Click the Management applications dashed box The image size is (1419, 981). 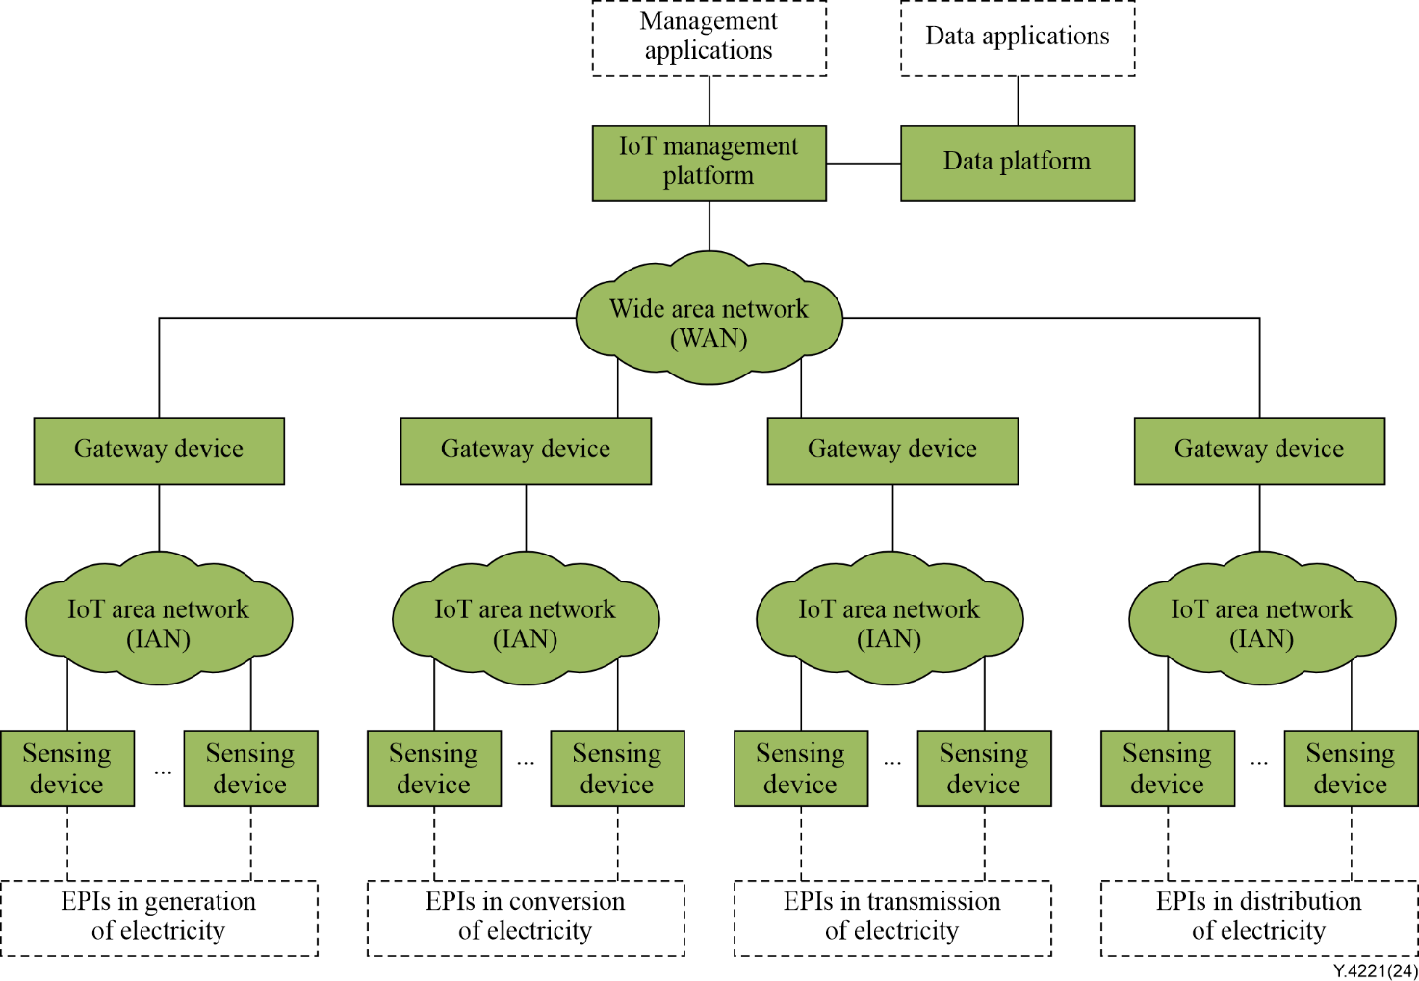[709, 39]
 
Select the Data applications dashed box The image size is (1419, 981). [1018, 39]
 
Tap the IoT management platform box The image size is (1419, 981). [709, 163]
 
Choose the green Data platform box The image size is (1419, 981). [1018, 163]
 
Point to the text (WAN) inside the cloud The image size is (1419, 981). [709, 339]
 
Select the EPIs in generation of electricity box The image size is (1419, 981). [159, 917]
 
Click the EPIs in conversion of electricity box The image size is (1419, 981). [526, 917]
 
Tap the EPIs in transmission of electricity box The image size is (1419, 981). [892, 917]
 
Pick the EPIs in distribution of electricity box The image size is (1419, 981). [1259, 917]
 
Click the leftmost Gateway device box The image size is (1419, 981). [159, 450]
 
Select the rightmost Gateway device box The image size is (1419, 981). [1259, 450]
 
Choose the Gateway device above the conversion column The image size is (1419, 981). [526, 450]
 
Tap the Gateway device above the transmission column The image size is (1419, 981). [892, 450]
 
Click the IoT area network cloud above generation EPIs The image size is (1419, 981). [159, 619]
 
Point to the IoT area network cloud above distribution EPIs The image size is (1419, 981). [1261, 619]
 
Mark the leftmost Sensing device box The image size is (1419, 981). [66, 768]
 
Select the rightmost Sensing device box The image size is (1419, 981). [1351, 768]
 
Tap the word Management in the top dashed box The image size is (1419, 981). [709, 21]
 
